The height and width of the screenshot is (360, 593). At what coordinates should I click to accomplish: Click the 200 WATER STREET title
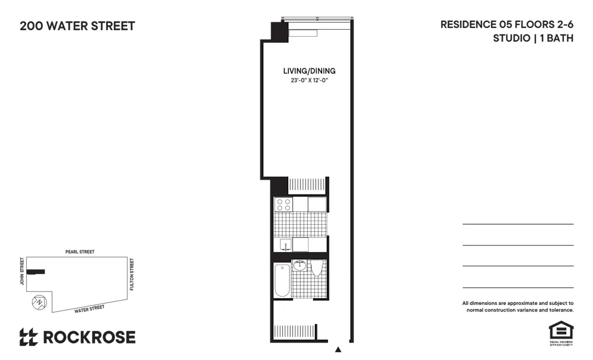tap(77, 26)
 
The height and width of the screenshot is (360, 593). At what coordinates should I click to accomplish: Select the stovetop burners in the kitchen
tap(283, 205)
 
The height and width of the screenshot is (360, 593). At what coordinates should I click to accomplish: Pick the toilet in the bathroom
tap(317, 269)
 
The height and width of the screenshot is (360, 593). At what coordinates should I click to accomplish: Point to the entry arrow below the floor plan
tap(338, 349)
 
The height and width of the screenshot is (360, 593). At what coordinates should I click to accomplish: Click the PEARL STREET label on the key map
tap(80, 252)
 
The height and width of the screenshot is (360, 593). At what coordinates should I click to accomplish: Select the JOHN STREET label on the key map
tap(22, 271)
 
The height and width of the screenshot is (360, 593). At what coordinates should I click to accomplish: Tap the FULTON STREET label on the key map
tap(132, 274)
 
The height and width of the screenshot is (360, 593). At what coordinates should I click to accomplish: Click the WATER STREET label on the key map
tap(89, 309)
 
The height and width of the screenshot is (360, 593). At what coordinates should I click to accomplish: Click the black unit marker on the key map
tap(36, 272)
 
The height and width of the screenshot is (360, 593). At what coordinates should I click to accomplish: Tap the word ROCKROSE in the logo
tap(88, 337)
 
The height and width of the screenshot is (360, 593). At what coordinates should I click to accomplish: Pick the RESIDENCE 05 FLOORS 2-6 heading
tap(506, 25)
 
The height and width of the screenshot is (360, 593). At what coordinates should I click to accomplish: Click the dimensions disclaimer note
tap(518, 306)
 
